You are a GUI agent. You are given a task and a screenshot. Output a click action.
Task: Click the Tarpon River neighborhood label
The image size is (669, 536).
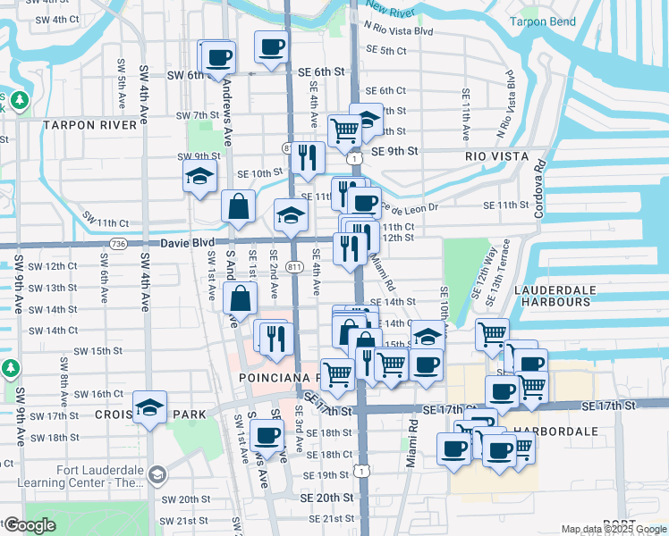click(x=89, y=125)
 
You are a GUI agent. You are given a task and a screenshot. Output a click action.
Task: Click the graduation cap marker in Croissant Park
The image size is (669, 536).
click(x=151, y=408)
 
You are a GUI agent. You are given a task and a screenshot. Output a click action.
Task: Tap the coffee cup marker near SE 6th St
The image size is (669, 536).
click(x=271, y=46)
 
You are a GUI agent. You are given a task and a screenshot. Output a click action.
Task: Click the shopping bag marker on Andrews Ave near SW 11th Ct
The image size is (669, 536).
click(x=239, y=206)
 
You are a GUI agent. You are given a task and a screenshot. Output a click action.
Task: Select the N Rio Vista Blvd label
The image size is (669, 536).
click(x=399, y=30)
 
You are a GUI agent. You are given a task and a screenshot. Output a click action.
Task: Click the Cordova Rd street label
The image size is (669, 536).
click(x=539, y=188)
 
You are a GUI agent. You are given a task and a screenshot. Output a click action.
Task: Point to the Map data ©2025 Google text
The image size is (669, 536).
click(x=613, y=529)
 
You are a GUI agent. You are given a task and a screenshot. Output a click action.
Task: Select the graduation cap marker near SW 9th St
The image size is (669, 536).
click(x=199, y=176)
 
